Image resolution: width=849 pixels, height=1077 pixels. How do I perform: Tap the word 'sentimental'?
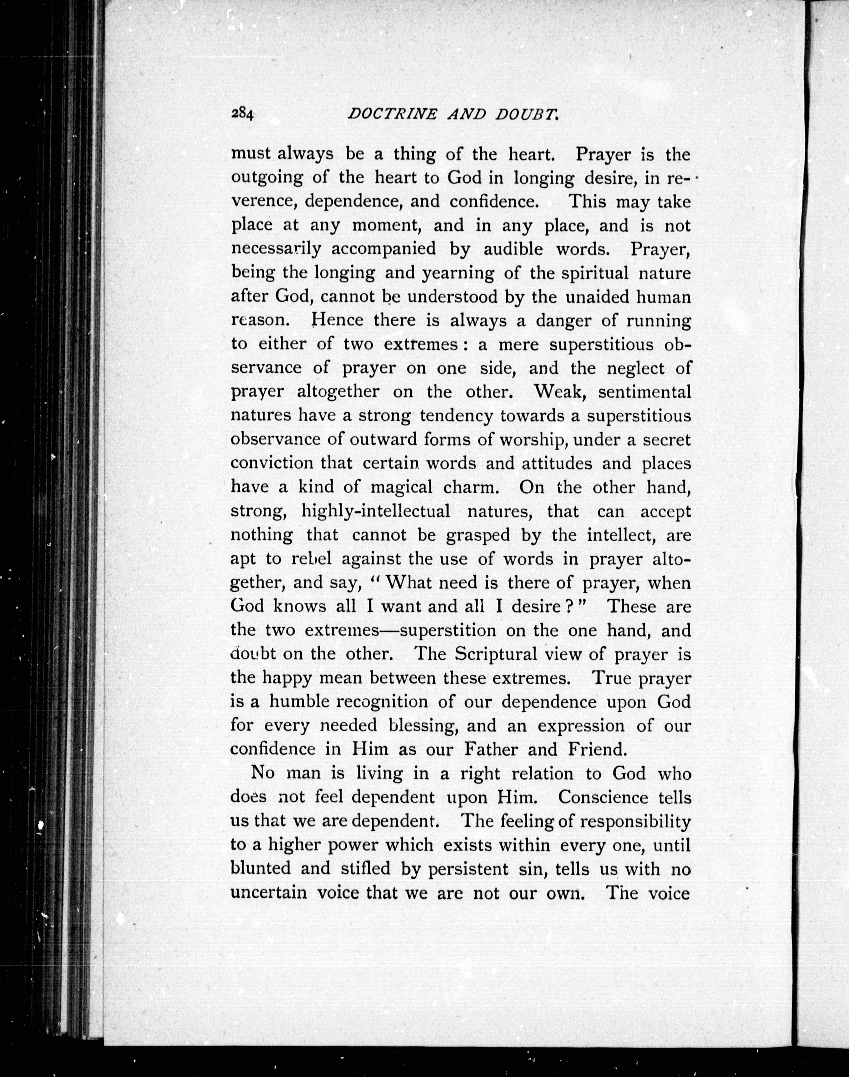point(644,392)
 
